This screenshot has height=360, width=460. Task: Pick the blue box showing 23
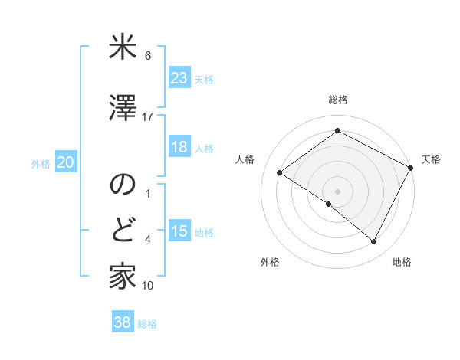pyautogui.click(x=179, y=78)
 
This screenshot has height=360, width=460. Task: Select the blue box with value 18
pyautogui.click(x=179, y=148)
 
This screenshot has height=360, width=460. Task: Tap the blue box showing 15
pyautogui.click(x=179, y=232)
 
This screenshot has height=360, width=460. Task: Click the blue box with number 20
pyautogui.click(x=66, y=162)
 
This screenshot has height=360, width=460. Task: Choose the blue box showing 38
pyautogui.click(x=123, y=323)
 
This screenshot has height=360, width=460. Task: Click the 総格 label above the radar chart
pyautogui.click(x=337, y=100)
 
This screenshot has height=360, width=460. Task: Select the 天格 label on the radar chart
pyautogui.click(x=431, y=159)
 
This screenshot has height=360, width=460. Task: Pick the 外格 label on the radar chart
pyautogui.click(x=270, y=263)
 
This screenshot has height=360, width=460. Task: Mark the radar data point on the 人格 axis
pyautogui.click(x=280, y=172)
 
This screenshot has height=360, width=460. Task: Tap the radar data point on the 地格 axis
pyautogui.click(x=374, y=242)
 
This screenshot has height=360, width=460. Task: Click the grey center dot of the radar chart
pyautogui.click(x=337, y=191)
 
